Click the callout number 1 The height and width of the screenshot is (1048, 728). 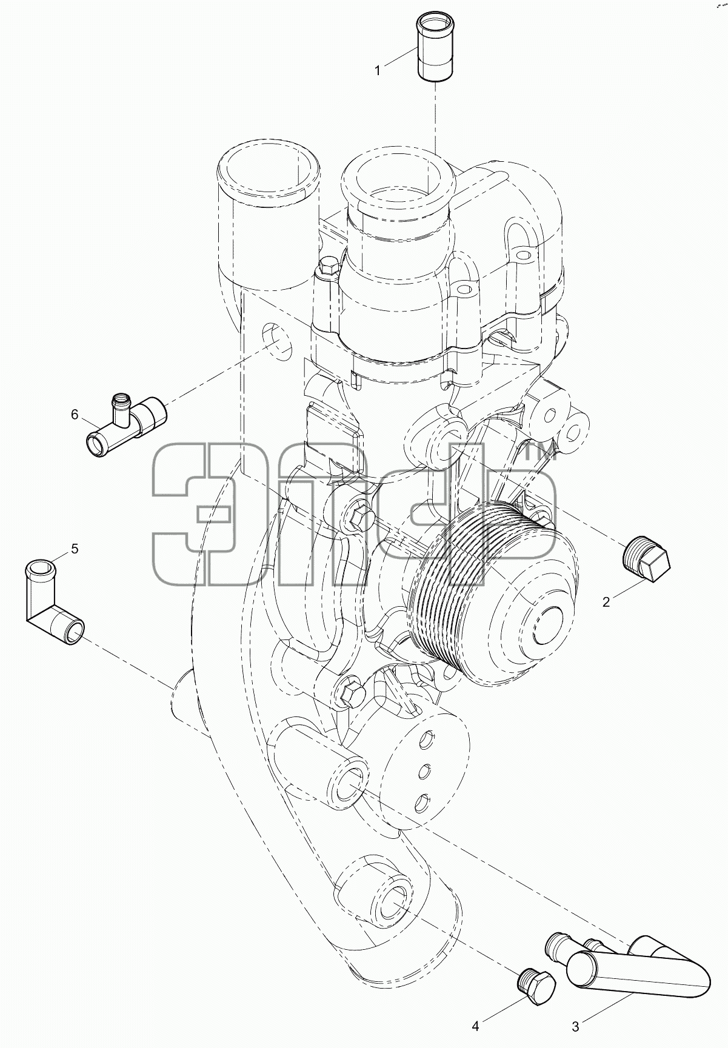pos(377,71)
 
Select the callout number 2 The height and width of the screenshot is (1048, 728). pos(606,602)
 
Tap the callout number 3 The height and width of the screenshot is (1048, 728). pos(575,1026)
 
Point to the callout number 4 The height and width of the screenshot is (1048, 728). pos(476,1026)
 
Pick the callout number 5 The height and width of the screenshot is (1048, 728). pos(75,549)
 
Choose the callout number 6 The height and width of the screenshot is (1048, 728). pos(75,415)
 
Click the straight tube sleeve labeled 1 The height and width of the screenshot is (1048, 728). pos(435,48)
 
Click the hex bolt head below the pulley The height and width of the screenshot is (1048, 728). pos(351,690)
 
